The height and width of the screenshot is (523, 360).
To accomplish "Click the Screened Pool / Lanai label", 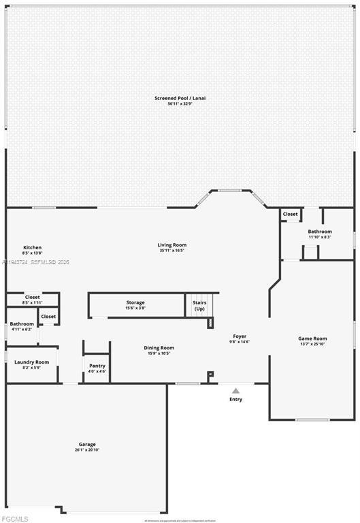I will click(x=180, y=98).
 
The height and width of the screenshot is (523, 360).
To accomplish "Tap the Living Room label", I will click(x=171, y=244).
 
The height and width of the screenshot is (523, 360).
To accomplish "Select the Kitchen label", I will click(x=32, y=247).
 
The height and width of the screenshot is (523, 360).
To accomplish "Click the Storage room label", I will click(x=135, y=302).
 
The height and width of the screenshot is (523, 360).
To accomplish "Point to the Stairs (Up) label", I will click(x=199, y=305).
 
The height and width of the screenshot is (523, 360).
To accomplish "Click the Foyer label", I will click(x=240, y=336).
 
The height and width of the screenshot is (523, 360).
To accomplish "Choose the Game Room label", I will click(x=312, y=338).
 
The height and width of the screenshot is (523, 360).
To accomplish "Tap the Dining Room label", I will click(x=159, y=348).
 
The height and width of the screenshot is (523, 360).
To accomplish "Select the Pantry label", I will click(x=97, y=366).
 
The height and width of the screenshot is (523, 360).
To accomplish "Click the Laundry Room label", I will click(x=32, y=362).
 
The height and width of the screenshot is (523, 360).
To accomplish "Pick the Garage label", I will click(x=86, y=444).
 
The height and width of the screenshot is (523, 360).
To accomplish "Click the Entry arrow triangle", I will click(x=235, y=391).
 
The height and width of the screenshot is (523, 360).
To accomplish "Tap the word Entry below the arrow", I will click(x=235, y=399).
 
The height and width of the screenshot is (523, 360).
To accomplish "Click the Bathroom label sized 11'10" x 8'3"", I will click(x=319, y=232).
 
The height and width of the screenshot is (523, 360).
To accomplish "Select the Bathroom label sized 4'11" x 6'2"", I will click(x=22, y=324).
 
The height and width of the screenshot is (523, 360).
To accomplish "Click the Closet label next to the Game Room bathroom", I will click(x=290, y=214).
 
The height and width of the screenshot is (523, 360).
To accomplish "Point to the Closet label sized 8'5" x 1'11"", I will click(x=32, y=297).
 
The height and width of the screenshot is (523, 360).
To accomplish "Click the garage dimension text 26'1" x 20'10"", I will click(x=86, y=450).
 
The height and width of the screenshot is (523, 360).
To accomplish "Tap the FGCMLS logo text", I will click(x=14, y=518).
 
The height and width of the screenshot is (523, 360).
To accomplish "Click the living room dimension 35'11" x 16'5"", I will click(x=171, y=251).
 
